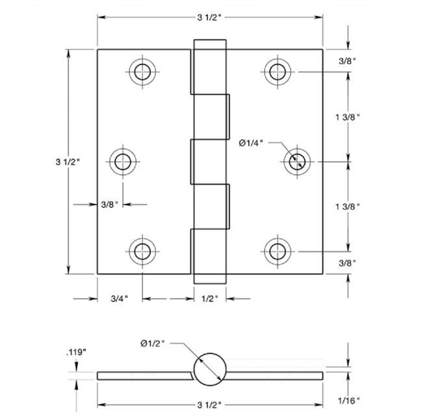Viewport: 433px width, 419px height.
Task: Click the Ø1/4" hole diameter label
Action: (251, 143)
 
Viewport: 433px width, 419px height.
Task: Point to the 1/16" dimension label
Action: (349, 401)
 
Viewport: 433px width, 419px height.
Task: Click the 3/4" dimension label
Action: (119, 299)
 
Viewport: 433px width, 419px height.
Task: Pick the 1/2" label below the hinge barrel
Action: (210, 299)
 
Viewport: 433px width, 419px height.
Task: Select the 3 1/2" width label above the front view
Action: (210, 17)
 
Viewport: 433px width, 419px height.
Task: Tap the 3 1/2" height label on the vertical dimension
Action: (68, 162)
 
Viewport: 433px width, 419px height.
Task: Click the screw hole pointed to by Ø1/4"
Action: (297, 161)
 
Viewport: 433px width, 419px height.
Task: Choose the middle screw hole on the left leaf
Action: (123, 161)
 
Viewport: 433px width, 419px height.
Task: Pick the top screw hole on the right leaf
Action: (278, 72)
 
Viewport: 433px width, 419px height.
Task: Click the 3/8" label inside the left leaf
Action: (110, 205)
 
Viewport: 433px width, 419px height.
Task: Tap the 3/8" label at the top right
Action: (347, 61)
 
